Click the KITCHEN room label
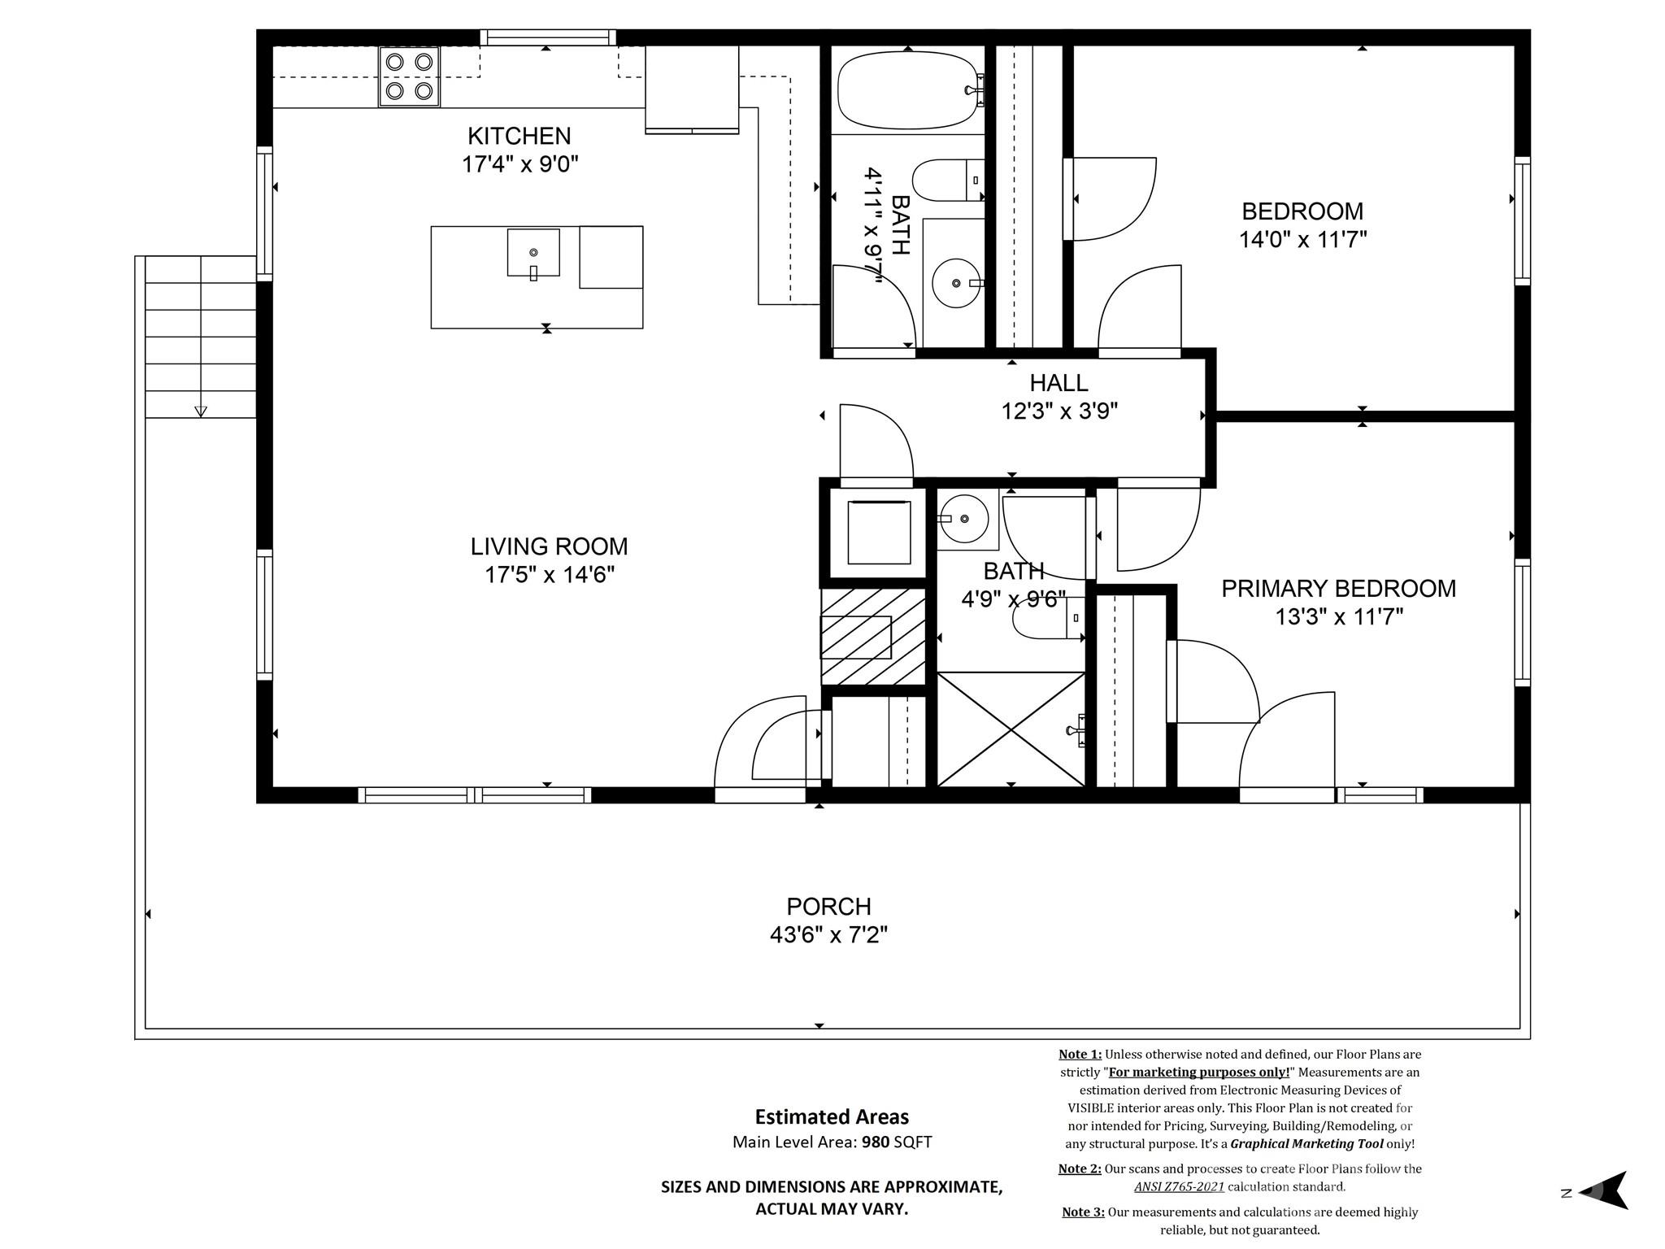pos(519,136)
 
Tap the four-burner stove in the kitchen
pos(409,76)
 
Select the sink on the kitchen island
pos(533,253)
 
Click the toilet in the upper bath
pos(947,181)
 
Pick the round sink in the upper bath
pos(957,283)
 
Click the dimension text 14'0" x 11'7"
pos(1302,240)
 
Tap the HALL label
pos(1059,383)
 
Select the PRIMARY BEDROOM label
pos(1338,589)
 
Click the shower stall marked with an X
pos(1011,729)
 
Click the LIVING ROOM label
pos(549,546)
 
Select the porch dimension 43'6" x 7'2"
pos(828,935)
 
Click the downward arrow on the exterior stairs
pos(201,411)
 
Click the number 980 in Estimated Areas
pos(876,1142)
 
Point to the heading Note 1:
pos(1080,1055)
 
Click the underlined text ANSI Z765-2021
pos(1179,1186)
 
